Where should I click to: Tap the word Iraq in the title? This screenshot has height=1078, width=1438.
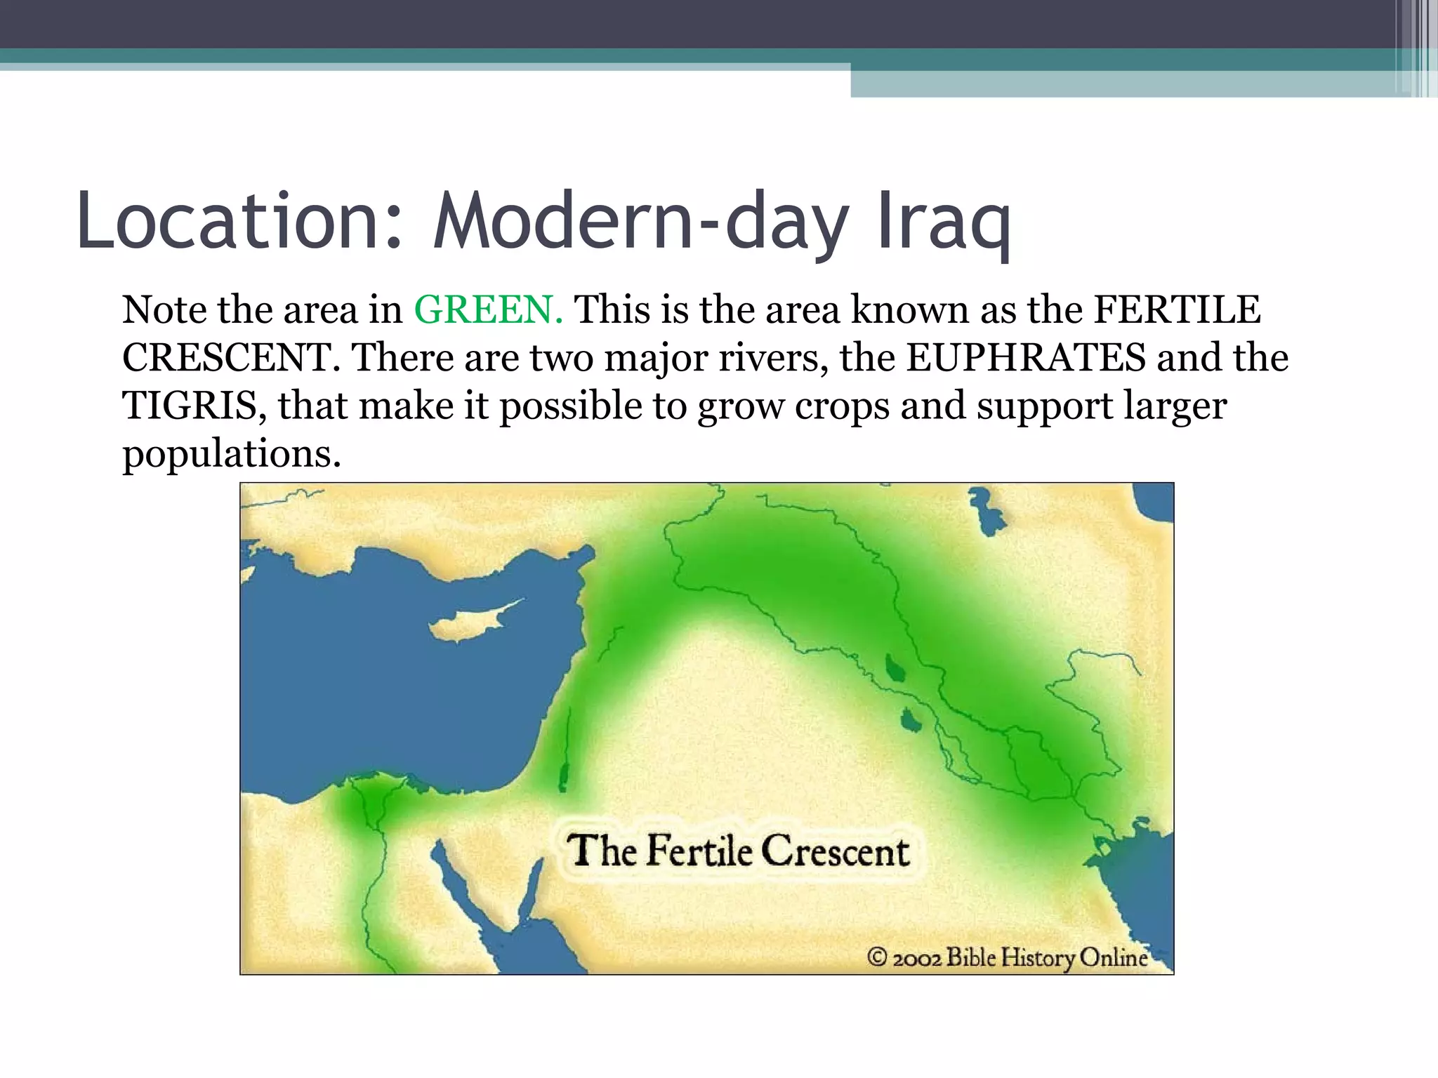click(944, 221)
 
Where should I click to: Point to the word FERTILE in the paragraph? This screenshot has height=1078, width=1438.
click(1177, 310)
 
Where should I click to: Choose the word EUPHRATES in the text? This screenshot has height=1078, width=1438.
click(1026, 357)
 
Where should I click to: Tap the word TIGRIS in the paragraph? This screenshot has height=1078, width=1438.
click(194, 405)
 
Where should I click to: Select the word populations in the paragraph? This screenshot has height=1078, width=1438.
click(232, 453)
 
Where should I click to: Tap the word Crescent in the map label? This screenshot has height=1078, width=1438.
click(836, 851)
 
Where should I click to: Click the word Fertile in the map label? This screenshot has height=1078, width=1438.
click(699, 851)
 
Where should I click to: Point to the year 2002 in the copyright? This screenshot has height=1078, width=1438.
click(917, 958)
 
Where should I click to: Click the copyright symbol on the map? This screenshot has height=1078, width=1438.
click(877, 957)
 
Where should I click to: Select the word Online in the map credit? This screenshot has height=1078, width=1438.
click(1113, 957)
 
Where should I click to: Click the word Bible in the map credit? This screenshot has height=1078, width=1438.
click(970, 957)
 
